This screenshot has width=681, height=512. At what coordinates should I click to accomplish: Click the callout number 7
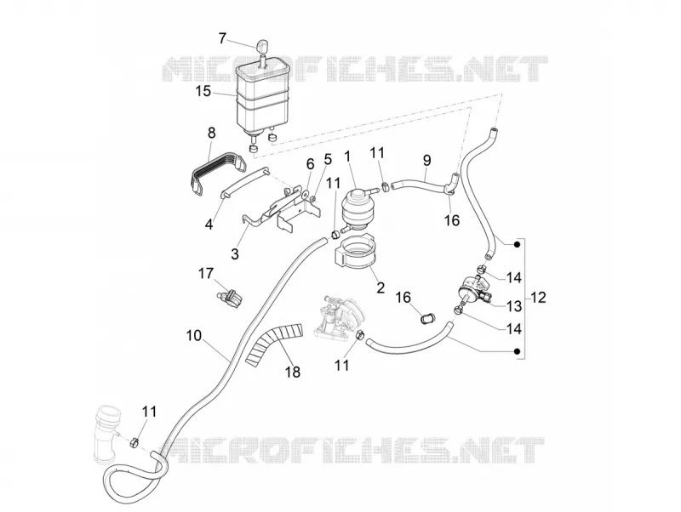point(222,38)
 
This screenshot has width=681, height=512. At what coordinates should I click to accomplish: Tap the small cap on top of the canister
point(262,45)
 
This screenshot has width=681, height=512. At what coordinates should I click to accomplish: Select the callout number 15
point(203,92)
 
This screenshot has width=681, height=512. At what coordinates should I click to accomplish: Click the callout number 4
point(209,225)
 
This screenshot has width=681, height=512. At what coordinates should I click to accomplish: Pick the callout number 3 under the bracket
point(235,253)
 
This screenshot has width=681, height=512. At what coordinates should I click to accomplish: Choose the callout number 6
point(310,164)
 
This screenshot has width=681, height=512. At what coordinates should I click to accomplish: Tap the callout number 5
point(328,159)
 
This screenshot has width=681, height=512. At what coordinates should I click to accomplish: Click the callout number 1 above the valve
point(347,156)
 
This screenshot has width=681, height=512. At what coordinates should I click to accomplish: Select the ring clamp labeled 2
point(354,255)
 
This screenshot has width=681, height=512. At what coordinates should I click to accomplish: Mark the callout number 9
point(427,161)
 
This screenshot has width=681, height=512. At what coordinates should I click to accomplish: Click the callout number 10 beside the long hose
point(194,335)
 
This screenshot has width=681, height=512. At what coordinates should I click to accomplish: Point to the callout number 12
point(538,298)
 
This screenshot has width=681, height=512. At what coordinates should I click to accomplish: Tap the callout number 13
point(514,306)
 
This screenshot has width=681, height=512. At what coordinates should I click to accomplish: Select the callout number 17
point(206,273)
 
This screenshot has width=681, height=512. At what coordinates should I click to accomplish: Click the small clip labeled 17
point(230,297)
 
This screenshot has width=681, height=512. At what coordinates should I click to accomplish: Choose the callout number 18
point(293,372)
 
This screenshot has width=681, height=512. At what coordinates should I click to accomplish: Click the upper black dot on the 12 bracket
point(517,244)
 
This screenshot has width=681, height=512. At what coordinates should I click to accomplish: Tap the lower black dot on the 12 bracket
point(517,351)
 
